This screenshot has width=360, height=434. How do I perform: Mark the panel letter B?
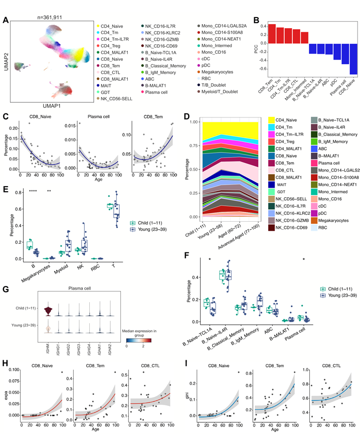[x=256, y=21]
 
